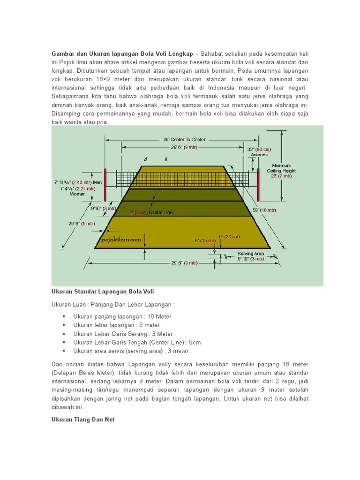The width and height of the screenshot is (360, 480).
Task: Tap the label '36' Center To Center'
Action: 184,140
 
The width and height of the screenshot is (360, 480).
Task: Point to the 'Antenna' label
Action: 259,155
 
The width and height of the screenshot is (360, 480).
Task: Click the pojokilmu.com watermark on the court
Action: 121,239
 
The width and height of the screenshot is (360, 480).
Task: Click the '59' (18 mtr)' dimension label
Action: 264,210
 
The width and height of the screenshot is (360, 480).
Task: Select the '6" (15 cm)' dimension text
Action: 204,240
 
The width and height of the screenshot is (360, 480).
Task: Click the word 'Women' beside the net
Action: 78,194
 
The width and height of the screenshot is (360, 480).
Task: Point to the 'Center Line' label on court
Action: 161,212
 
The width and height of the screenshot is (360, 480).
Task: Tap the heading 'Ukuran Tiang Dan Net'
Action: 83,420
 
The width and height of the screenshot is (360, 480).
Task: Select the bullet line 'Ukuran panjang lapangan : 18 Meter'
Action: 122,316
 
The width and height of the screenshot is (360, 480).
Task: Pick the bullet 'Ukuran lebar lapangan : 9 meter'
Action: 117,325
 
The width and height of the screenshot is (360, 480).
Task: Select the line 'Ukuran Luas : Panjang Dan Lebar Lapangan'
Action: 113,304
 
